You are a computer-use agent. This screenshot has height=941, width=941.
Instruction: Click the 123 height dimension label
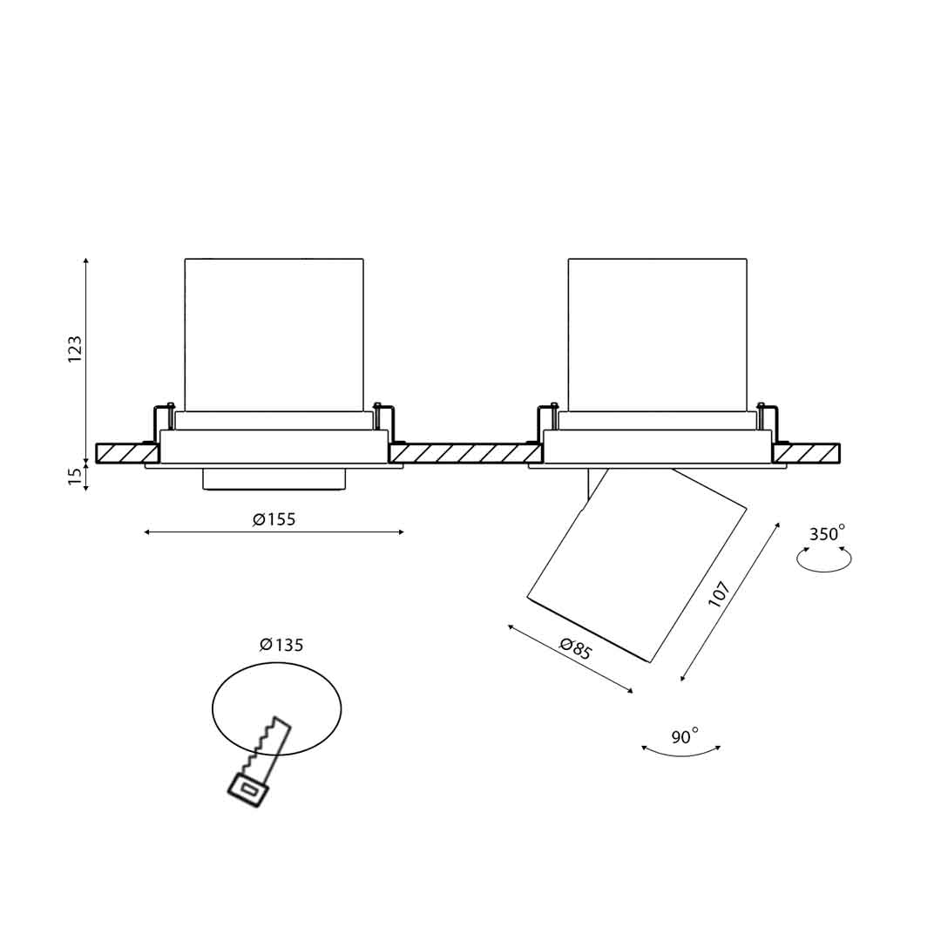point(74,348)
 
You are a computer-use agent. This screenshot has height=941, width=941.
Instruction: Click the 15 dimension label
point(74,476)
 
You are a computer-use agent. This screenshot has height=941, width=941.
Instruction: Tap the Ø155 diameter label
point(274,519)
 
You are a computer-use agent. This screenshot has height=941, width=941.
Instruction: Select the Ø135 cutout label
point(281,645)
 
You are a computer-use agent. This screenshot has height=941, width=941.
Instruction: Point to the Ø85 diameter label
point(576,649)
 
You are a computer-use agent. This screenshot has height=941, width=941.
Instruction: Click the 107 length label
point(719,594)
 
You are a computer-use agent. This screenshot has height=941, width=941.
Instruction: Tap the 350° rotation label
point(827,533)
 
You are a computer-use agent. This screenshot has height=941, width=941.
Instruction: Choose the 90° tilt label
point(685,735)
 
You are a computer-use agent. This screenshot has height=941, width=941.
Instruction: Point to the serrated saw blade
point(267,748)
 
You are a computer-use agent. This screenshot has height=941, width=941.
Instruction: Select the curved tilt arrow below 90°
point(680,751)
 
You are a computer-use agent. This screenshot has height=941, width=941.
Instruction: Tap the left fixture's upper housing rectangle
point(274,335)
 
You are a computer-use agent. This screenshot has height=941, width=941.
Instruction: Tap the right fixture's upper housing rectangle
point(658,335)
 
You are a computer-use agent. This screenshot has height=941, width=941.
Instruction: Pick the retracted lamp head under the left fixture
point(274,478)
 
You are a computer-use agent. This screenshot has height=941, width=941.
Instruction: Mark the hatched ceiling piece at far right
point(806,452)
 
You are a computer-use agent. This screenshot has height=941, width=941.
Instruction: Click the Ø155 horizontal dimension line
point(274,531)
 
